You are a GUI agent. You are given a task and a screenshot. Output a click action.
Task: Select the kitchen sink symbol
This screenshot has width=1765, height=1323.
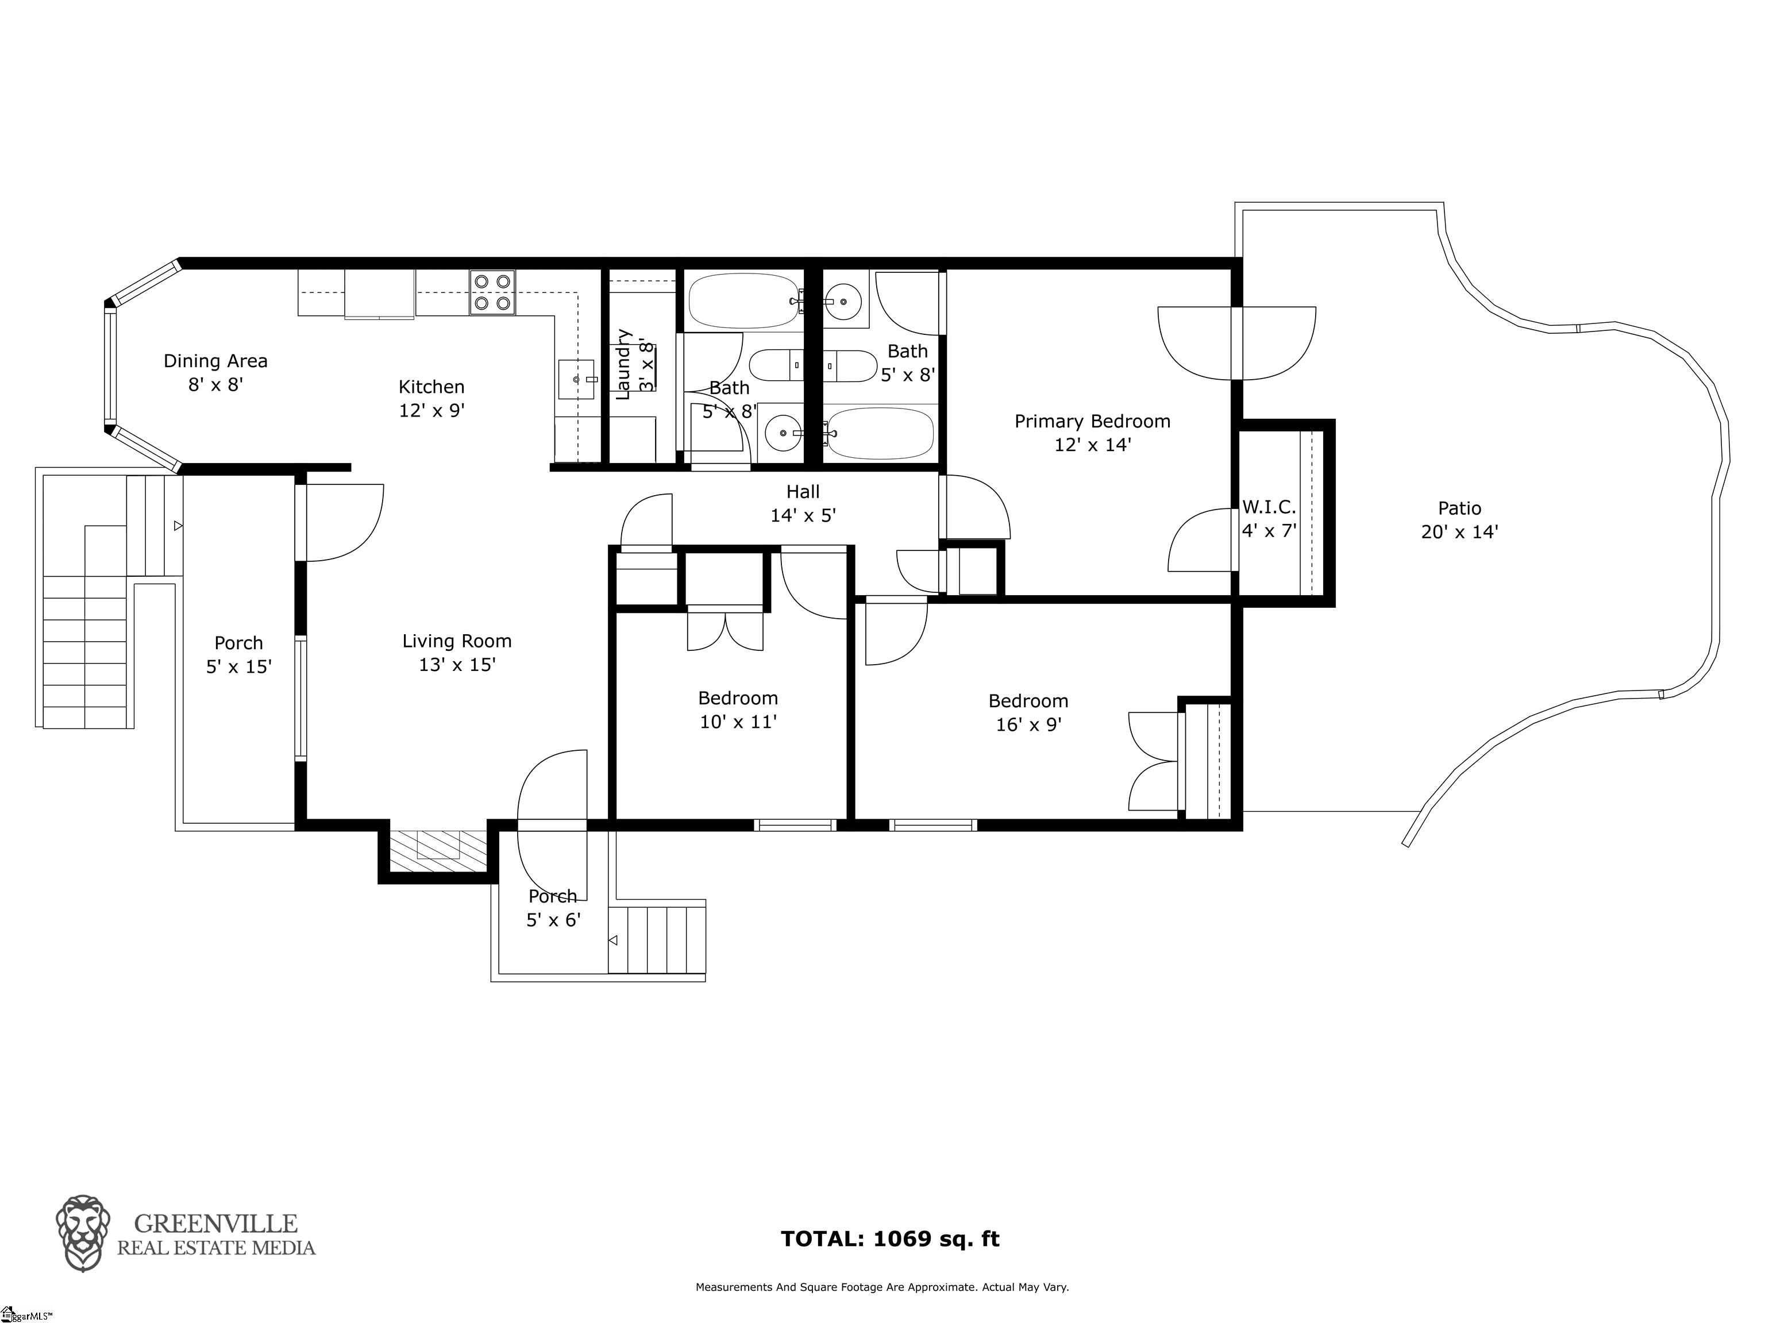coord(577,380)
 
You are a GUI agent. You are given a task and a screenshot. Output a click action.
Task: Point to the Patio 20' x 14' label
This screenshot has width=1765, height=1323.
coord(1459,520)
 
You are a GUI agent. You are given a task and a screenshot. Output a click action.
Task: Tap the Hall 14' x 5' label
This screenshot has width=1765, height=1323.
coord(803,503)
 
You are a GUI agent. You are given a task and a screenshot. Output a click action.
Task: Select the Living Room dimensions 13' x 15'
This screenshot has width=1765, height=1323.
coord(457,665)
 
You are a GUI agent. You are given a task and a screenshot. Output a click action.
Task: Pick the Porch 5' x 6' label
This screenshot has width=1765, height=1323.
coord(553,908)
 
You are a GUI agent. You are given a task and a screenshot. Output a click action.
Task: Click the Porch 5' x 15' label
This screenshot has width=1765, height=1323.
coord(238,654)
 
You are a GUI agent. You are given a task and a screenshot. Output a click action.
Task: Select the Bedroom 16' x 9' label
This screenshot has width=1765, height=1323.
coord(1028,712)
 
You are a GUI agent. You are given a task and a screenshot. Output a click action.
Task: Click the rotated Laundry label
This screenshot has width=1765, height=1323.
coord(624,364)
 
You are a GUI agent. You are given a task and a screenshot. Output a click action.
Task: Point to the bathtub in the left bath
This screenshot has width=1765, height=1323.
coord(743,301)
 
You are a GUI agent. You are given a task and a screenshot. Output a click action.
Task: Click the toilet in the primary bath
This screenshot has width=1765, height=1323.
coord(851,367)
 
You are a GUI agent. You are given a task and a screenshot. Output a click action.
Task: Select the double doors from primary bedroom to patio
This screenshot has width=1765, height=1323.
coord(1236,343)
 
